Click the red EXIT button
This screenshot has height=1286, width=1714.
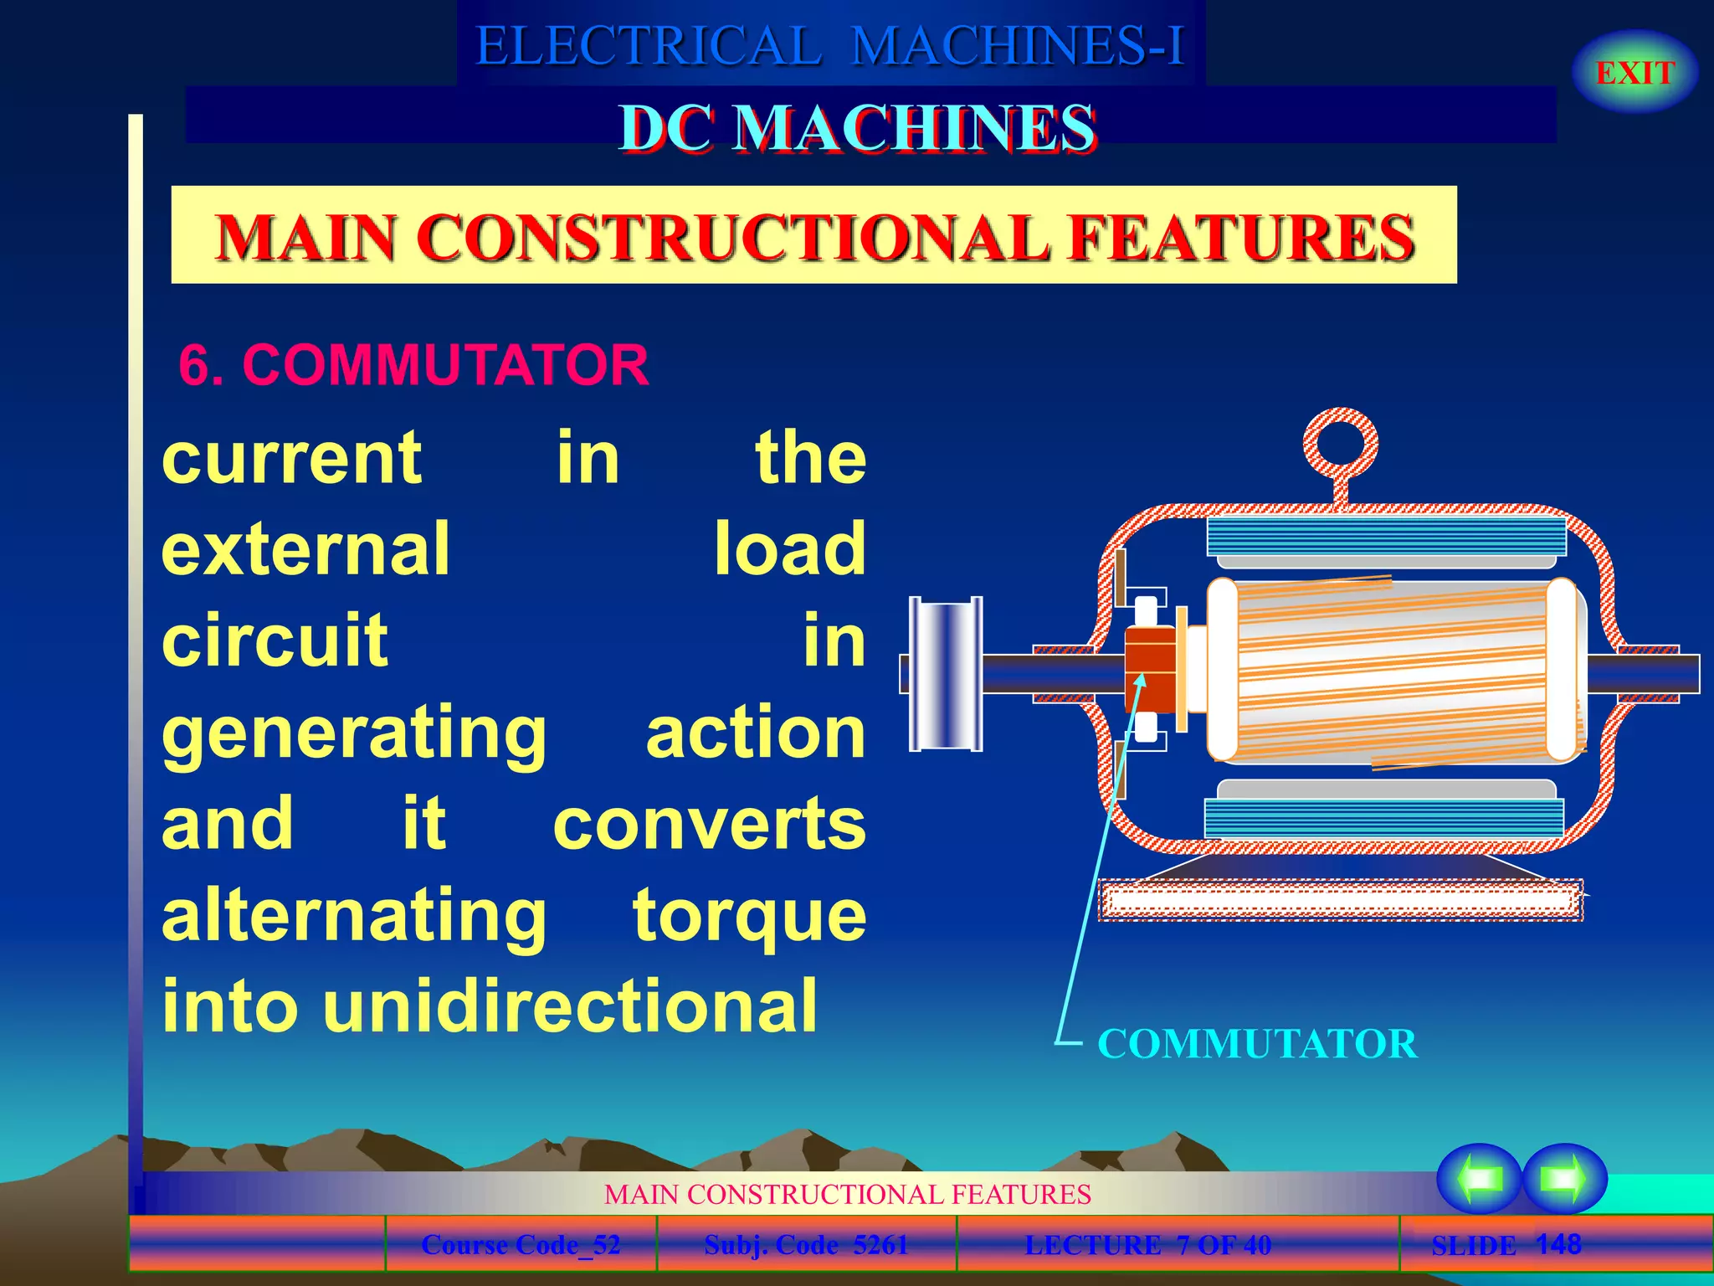1634,73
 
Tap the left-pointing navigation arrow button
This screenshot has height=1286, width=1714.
1479,1178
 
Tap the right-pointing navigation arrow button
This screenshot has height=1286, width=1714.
1564,1178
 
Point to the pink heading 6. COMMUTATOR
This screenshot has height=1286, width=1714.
413,365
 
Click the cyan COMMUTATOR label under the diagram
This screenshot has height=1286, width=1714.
1257,1044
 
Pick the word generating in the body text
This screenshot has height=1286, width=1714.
354,733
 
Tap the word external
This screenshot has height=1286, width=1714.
306,548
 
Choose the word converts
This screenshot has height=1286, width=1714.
709,824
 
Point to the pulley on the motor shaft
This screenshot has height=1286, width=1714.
946,673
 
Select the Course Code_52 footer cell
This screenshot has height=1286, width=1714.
521,1245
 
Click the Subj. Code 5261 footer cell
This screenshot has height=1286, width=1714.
806,1245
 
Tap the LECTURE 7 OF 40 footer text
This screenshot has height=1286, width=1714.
1147,1245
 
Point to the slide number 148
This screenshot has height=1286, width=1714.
1558,1243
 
